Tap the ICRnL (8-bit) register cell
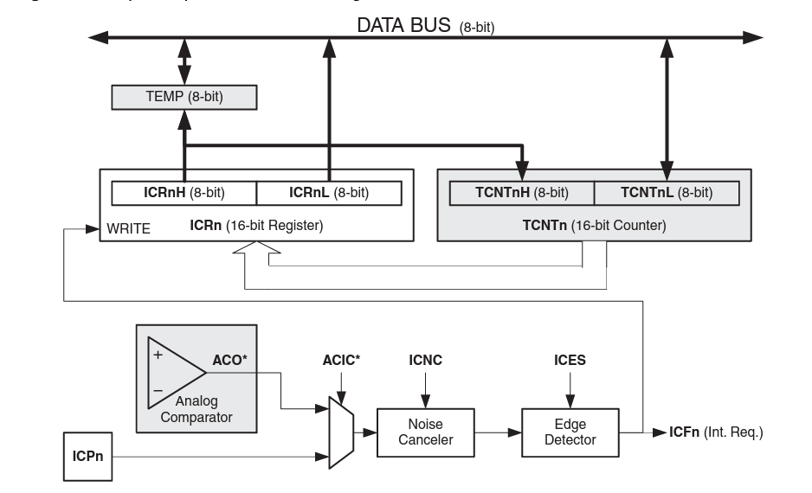pos(329,193)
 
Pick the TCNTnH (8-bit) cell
pos(522,193)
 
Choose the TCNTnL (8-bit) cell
pos(667,193)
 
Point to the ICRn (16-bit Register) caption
pos(256,227)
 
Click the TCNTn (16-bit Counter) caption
pos(595,227)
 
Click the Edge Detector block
pos(570,432)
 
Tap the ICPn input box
pos(87,457)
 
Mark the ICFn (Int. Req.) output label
pos(716,432)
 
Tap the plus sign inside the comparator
pos(158,355)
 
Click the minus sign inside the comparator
pos(158,391)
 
